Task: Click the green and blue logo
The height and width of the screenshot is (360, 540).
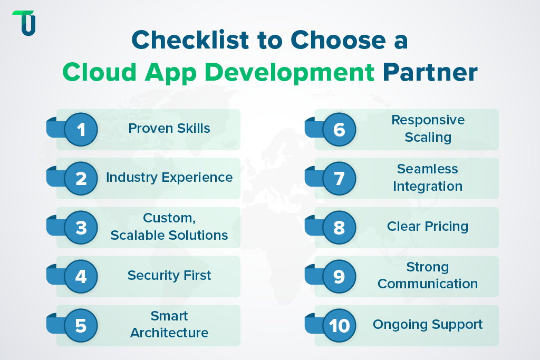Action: click(x=24, y=23)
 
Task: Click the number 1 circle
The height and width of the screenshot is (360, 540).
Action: click(x=81, y=129)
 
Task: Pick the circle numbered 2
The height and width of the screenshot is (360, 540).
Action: click(x=81, y=178)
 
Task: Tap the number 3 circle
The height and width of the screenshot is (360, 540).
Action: click(x=81, y=227)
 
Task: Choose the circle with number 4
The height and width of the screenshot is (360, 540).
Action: click(x=81, y=276)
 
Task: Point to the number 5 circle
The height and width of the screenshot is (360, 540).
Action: click(x=81, y=325)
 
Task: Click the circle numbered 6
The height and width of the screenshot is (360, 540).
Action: click(x=339, y=129)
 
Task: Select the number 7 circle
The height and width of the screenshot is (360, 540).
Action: click(x=339, y=178)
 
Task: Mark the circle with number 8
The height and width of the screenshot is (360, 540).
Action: click(x=339, y=227)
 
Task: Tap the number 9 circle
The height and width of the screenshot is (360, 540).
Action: click(x=339, y=276)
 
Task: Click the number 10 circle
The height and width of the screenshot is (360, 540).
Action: click(x=339, y=325)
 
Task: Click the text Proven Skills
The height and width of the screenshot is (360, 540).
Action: click(x=169, y=128)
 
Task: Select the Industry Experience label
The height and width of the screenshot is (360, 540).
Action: click(x=169, y=177)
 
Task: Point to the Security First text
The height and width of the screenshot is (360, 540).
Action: click(x=169, y=275)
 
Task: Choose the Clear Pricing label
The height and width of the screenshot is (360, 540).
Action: click(x=428, y=226)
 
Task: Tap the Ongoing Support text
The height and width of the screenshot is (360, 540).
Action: click(x=428, y=324)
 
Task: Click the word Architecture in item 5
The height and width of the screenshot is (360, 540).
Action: click(x=169, y=333)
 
